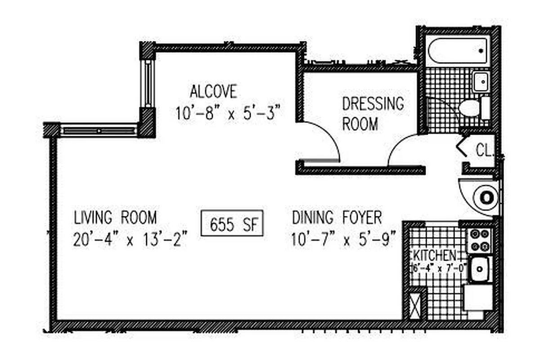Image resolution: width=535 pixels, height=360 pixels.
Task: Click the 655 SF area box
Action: pyautogui.click(x=231, y=224)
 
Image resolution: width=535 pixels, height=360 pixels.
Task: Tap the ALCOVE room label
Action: pyautogui.click(x=213, y=91)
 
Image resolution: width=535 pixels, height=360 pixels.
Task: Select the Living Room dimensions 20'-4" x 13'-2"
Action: pyautogui.click(x=130, y=239)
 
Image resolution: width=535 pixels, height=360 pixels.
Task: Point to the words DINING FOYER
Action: pyautogui.click(x=337, y=218)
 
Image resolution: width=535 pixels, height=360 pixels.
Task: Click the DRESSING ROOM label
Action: pyautogui.click(x=373, y=113)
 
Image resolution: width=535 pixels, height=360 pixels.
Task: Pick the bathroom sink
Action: pyautogui.click(x=481, y=81)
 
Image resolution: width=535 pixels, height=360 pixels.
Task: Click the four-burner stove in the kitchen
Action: pyautogui.click(x=480, y=240)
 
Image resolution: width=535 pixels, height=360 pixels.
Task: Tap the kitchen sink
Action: pyautogui.click(x=480, y=269)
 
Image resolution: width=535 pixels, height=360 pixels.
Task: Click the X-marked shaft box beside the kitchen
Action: pyautogui.click(x=416, y=306)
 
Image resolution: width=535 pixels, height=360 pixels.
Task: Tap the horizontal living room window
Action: pyautogui.click(x=99, y=130)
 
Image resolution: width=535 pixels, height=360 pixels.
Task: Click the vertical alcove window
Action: pyautogui.click(x=147, y=83)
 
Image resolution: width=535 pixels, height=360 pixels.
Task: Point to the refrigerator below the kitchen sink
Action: pyautogui.click(x=478, y=297)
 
